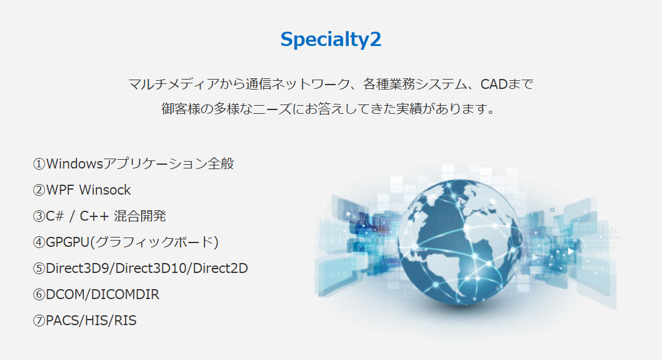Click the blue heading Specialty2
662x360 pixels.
(331, 40)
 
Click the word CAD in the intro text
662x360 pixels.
(494, 84)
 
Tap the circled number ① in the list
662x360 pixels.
(39, 164)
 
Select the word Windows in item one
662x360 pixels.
(75, 164)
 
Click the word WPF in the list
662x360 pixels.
(60, 190)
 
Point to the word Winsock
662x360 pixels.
(104, 190)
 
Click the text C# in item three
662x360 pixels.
(55, 216)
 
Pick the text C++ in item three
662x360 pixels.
(94, 216)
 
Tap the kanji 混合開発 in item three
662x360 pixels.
(140, 216)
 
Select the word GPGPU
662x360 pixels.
(68, 242)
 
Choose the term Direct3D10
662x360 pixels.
(150, 269)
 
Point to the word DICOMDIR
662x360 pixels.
(125, 295)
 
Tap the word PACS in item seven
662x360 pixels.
(63, 321)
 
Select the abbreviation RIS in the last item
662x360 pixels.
(125, 321)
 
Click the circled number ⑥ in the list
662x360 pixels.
(39, 295)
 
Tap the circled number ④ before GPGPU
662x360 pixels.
(39, 242)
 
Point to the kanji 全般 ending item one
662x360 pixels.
(221, 164)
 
